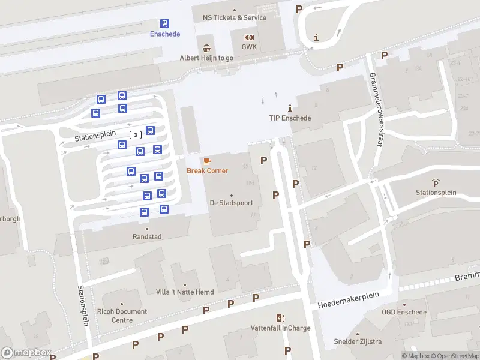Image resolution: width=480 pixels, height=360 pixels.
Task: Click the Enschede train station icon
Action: pyautogui.click(x=165, y=23)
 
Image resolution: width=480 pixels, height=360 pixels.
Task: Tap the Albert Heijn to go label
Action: pyautogui.click(x=206, y=58)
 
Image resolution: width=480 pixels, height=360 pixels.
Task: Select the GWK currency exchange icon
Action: pyautogui.click(x=249, y=37)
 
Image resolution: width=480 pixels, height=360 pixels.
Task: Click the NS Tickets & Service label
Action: pyautogui.click(x=234, y=17)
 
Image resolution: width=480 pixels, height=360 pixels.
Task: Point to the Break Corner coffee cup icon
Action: pyautogui.click(x=207, y=161)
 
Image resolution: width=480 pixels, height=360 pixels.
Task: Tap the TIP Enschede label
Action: pyautogui.click(x=290, y=118)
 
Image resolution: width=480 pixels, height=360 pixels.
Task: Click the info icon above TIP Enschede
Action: pyautogui.click(x=290, y=108)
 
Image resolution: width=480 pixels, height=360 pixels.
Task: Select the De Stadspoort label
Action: pyautogui.click(x=231, y=203)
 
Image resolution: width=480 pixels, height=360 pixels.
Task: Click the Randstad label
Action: pyautogui.click(x=147, y=237)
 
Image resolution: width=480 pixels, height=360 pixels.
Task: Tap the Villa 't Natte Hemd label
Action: pyautogui.click(x=185, y=292)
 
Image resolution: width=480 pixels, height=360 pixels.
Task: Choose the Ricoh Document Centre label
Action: pyautogui.click(x=122, y=316)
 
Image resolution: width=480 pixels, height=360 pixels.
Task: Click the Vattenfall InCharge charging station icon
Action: pyautogui.click(x=280, y=318)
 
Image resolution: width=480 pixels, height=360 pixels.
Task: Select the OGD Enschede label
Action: pyautogui.click(x=404, y=312)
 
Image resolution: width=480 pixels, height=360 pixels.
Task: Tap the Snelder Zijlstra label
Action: pyautogui.click(x=358, y=342)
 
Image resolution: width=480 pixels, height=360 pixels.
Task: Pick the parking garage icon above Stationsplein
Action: pyautogui.click(x=436, y=182)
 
